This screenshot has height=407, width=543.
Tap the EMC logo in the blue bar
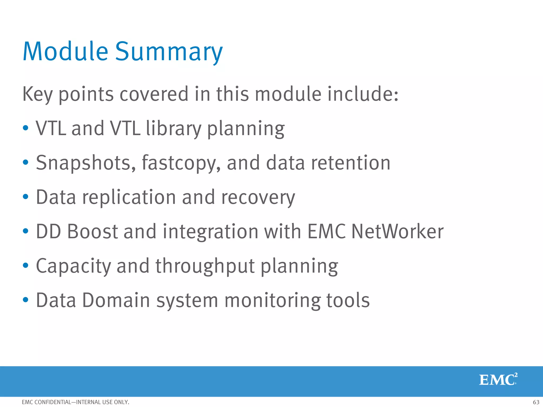[x=498, y=379]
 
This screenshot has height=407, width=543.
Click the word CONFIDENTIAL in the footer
[x=53, y=402]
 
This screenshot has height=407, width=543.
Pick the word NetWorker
[x=397, y=231]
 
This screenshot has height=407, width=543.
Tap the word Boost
[x=93, y=231]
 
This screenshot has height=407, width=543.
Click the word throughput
[x=205, y=266]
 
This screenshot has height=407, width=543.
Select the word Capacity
[x=73, y=266]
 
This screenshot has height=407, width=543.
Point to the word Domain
[x=116, y=300]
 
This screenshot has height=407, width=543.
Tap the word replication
[x=129, y=197]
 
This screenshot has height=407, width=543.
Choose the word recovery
[x=258, y=197]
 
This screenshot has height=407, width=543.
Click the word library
[x=173, y=128]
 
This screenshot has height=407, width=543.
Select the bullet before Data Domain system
[x=25, y=300]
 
